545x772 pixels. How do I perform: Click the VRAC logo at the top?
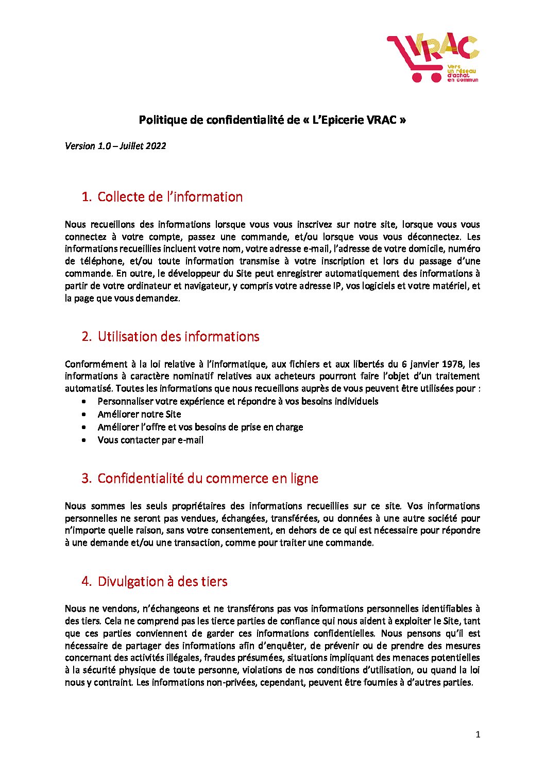pos(433,57)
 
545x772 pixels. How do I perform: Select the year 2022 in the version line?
pos(155,146)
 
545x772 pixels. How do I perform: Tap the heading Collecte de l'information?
pos(169,197)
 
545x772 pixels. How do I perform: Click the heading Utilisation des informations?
pos(178,337)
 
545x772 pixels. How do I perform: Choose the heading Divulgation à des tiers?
pos(162,582)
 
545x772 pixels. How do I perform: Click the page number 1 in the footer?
pos(478,734)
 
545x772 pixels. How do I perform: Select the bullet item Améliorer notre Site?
pos(139,414)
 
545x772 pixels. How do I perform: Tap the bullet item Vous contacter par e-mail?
pos(150,440)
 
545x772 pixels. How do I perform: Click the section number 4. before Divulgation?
pos(86,582)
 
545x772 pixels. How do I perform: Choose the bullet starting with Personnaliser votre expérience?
pos(237,401)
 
